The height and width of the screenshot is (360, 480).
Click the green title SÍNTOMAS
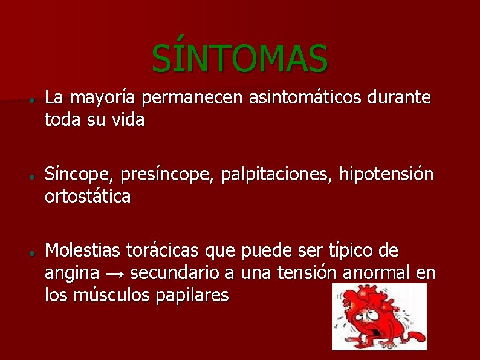tap(240, 57)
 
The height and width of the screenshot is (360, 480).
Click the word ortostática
tap(87, 197)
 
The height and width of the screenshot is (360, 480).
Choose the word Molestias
tap(84, 250)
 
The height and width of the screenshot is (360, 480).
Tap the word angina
tap(71, 273)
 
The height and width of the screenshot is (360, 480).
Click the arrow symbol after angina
tap(114, 274)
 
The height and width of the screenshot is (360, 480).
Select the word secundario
tap(175, 273)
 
